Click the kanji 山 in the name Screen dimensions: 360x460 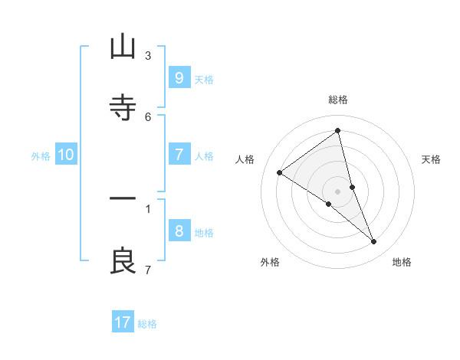tap(123, 47)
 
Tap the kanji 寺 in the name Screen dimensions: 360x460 tap(123, 107)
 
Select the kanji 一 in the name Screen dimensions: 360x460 tap(123, 199)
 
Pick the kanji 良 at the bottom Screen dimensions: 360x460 tap(123, 261)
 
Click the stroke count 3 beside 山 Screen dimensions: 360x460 tap(148, 55)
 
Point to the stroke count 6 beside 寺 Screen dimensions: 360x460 tap(148, 116)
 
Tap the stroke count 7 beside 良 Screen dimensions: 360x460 tap(148, 270)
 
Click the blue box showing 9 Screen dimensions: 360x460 tap(179, 77)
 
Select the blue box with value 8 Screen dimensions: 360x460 tap(179, 231)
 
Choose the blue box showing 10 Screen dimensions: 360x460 tap(66, 155)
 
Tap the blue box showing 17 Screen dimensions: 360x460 tap(123, 322)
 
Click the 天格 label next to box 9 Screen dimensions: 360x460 tap(204, 79)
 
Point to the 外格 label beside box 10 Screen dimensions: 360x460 tap(41, 156)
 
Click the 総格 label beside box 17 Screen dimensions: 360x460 tap(147, 324)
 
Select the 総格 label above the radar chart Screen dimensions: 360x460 tap(338, 100)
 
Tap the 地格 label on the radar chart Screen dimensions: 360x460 tap(402, 262)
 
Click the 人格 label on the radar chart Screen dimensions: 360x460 tap(245, 159)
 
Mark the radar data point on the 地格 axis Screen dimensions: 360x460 tap(374, 241)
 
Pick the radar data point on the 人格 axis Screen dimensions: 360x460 tap(279, 172)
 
